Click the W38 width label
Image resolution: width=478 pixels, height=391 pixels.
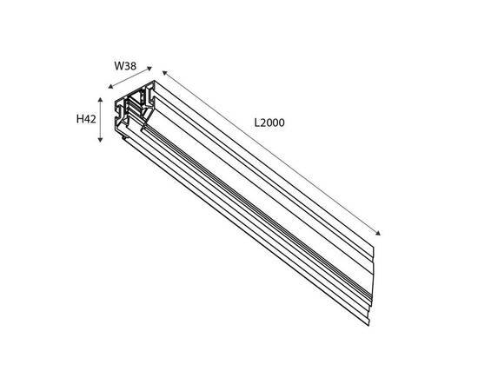125,66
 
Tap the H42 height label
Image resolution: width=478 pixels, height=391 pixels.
86,119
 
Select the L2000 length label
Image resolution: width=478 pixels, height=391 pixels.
269,123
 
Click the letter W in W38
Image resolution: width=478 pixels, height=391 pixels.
119,66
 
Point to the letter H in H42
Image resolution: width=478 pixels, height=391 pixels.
80,119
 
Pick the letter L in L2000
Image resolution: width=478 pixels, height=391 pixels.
257,123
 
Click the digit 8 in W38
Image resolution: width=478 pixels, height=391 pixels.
133,66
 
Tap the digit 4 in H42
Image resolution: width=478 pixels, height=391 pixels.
87,119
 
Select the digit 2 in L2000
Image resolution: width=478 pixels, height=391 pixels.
263,123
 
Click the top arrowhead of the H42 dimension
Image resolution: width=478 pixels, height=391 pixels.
100,100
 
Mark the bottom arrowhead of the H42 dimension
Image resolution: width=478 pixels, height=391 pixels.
100,140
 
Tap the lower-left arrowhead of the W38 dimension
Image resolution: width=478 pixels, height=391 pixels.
110,87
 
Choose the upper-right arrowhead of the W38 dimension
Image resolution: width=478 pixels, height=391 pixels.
149,69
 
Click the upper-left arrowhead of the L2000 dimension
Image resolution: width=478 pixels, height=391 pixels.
164,72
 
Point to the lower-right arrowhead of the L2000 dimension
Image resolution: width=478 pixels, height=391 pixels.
378,233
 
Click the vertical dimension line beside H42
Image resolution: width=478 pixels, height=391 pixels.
100,120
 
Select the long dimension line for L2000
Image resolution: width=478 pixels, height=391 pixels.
271,153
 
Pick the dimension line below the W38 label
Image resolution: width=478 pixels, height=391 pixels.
130,77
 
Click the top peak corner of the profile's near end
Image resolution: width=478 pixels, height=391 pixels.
154,81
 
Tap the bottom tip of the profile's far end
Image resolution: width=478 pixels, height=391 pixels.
368,326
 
